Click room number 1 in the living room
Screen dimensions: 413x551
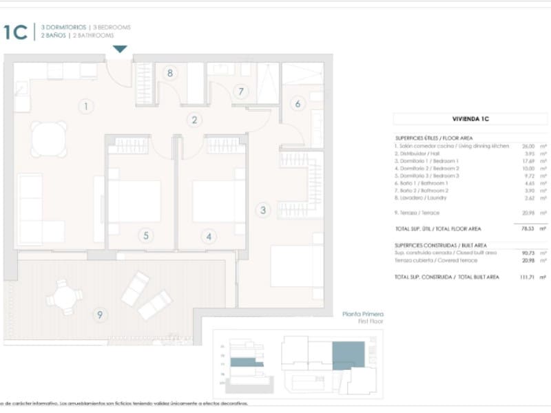click(x=86, y=107)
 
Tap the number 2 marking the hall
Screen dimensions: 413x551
click(x=195, y=120)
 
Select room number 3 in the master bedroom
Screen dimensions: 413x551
click(x=262, y=210)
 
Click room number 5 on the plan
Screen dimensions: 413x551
click(x=146, y=236)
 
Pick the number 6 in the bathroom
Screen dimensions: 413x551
click(x=298, y=104)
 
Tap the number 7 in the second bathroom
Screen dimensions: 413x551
click(x=240, y=91)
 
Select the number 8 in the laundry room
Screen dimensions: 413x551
click(x=169, y=73)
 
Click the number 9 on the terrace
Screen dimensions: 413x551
click(x=100, y=315)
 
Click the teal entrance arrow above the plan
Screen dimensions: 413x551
click(x=120, y=49)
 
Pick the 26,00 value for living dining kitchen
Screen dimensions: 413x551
click(x=528, y=146)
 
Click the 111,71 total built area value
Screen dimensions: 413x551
click(x=527, y=277)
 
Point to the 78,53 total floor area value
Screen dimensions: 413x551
click(x=528, y=228)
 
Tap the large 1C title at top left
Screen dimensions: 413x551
click(x=15, y=32)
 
